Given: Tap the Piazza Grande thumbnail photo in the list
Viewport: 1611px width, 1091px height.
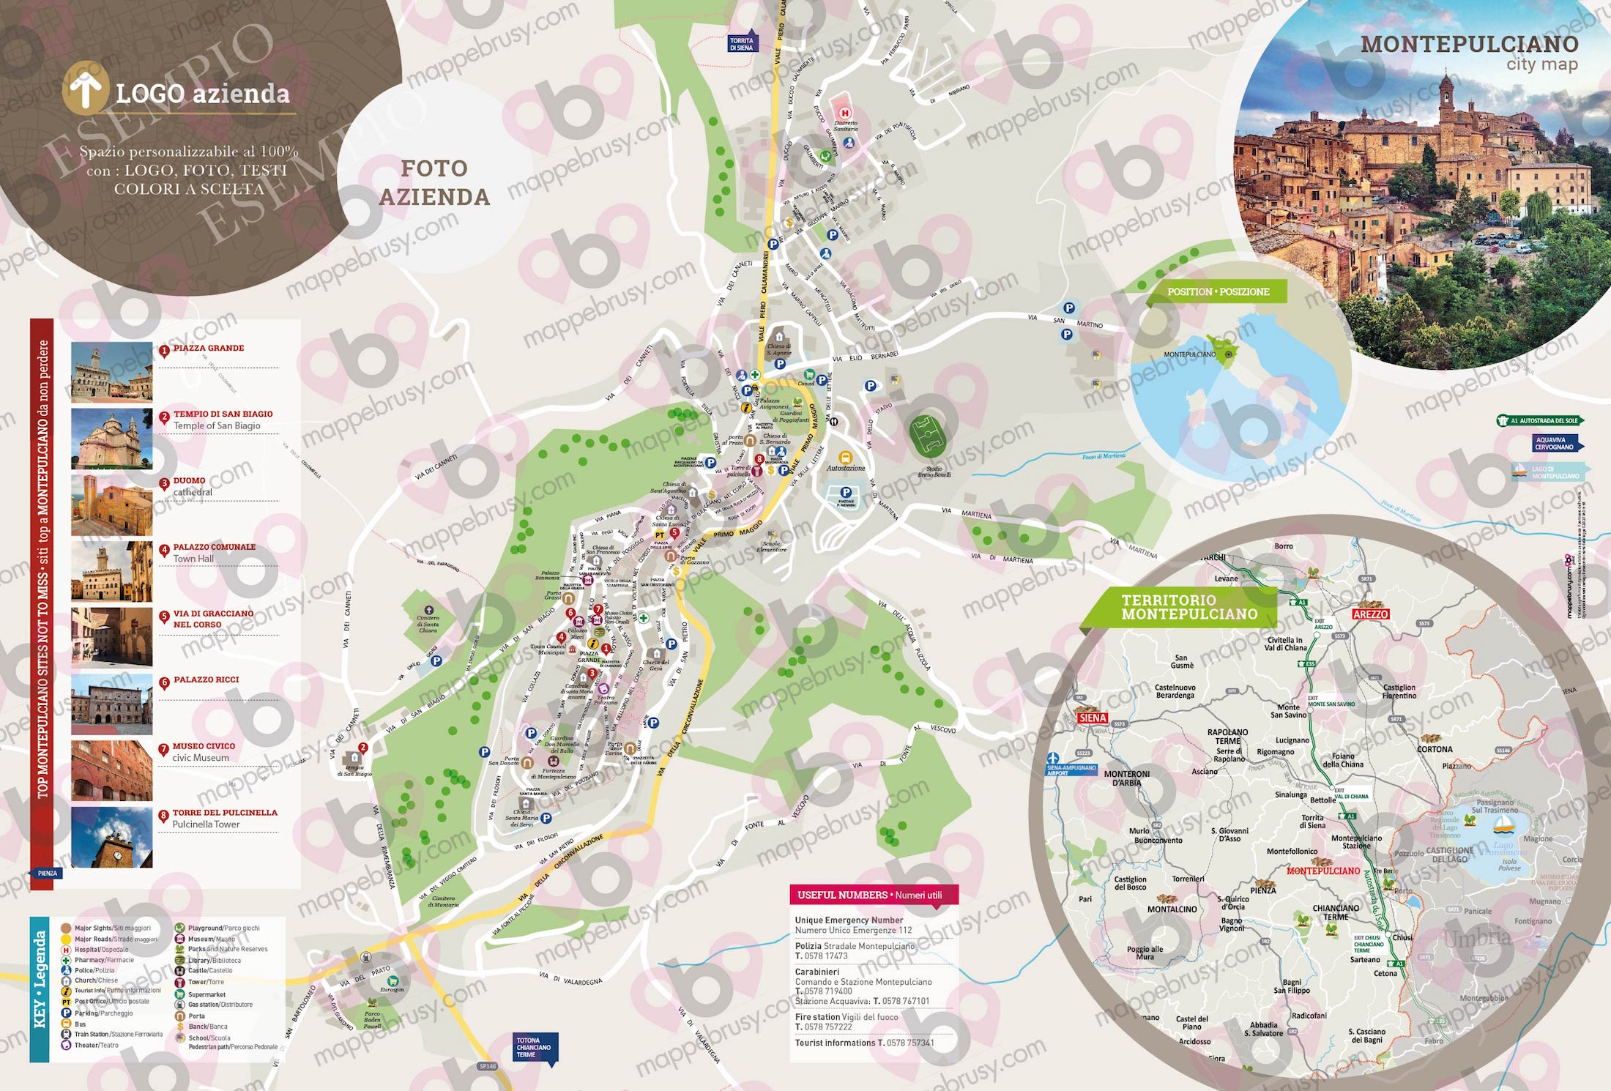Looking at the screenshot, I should (x=111, y=372).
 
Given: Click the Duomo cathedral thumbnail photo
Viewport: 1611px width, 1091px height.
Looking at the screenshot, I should (x=111, y=505).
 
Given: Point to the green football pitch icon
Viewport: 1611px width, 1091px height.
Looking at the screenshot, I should (x=928, y=436).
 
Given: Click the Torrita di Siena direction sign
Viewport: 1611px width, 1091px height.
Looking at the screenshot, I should (x=741, y=44).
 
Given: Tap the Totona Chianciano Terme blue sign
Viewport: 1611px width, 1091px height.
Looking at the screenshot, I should (x=535, y=1047).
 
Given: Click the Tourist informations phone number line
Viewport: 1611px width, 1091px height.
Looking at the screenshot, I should (x=864, y=1043).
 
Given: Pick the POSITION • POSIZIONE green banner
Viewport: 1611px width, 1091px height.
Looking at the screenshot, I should (x=1219, y=291).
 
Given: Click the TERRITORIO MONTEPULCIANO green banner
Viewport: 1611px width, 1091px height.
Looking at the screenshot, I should (x=1189, y=608).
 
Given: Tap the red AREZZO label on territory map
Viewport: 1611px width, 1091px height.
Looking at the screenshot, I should (x=1370, y=614).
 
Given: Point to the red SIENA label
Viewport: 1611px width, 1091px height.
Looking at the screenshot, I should (x=1092, y=718).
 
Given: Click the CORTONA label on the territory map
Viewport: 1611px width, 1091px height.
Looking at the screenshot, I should (x=1435, y=749).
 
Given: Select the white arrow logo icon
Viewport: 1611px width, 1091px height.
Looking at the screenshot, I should (x=86, y=89).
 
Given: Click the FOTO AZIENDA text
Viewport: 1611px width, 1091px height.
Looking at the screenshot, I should (x=434, y=183).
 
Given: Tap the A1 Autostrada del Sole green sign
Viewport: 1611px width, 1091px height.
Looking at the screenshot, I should (x=1540, y=421).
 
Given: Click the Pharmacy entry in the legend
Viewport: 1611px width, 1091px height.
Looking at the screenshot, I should (x=103, y=960).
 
